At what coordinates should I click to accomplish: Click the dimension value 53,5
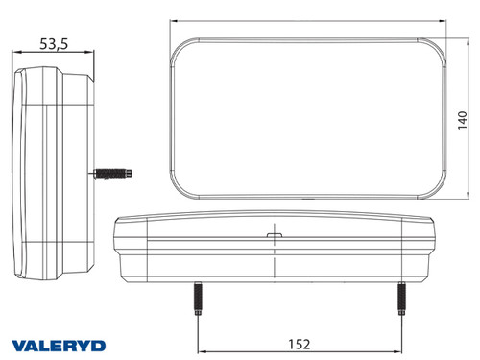55,43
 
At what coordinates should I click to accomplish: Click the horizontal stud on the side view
113,175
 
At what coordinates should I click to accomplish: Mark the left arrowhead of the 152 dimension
200,352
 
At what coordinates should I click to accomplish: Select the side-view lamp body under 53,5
58,173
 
